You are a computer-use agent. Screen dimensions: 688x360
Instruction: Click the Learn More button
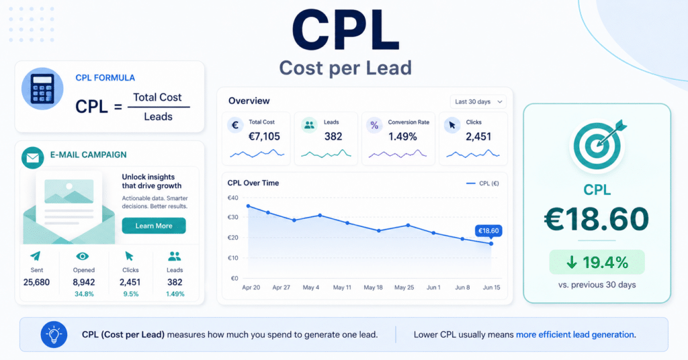[x=154, y=226]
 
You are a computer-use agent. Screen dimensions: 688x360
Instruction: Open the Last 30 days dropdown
[x=478, y=101]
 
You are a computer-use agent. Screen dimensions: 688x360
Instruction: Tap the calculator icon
[x=42, y=89]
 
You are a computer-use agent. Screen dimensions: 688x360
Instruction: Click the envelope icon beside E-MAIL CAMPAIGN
[x=32, y=158]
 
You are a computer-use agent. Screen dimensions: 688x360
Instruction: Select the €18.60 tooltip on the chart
[x=488, y=230]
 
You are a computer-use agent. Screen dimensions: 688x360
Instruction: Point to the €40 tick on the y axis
[x=232, y=197]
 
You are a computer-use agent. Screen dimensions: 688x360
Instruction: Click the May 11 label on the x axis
[x=342, y=287]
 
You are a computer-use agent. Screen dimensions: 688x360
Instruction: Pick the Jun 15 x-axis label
[x=491, y=287]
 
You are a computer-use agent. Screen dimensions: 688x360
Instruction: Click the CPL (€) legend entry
[x=482, y=183]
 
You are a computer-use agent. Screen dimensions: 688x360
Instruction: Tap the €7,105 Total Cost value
[x=264, y=137]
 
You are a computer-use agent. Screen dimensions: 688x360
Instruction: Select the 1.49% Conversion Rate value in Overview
[x=402, y=137]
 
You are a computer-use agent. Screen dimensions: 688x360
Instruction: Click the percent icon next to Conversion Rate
[x=374, y=126]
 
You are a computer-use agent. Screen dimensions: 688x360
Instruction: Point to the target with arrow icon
[x=598, y=145]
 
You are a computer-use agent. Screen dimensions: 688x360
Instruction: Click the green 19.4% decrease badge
[x=597, y=262]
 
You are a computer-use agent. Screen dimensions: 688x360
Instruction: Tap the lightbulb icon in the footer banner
[x=54, y=334]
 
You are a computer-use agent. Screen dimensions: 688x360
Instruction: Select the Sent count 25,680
[x=36, y=282]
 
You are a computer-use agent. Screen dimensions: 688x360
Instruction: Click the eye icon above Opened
[x=83, y=256]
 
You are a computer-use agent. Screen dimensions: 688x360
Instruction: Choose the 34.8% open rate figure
[x=84, y=294]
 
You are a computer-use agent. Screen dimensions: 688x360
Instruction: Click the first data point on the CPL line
[x=249, y=206]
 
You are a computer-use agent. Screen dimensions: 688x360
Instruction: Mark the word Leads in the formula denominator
[x=158, y=117]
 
